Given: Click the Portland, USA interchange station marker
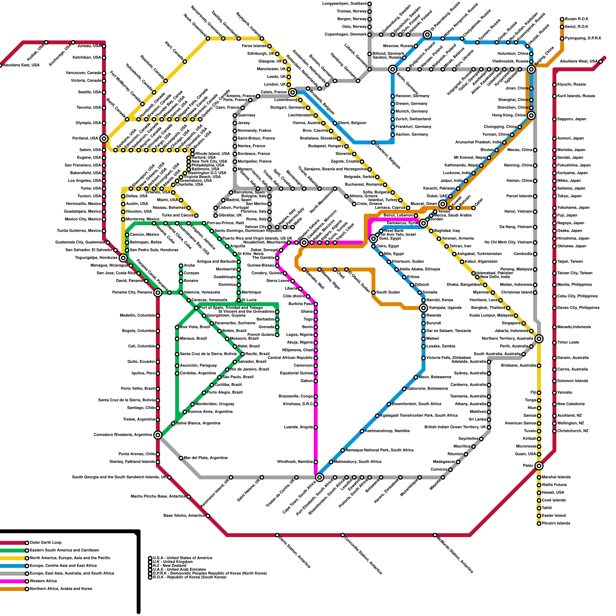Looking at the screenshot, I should coord(104,139).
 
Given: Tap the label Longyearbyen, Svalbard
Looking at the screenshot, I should coord(344,4).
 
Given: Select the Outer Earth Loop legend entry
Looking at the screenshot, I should coord(45,543).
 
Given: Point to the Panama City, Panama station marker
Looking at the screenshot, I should coord(157,293).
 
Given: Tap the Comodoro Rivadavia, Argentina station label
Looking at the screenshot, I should coord(123,435).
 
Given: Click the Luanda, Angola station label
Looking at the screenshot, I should coord(298,427).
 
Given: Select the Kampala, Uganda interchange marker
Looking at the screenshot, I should coord(423,308).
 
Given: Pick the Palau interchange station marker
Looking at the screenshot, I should coord(539,466).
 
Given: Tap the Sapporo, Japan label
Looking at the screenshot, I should coord(572,119).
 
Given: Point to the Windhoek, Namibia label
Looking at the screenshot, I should coord(295,462).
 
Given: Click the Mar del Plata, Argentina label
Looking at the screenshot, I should coord(206,458).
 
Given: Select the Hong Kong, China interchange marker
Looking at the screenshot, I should coord(531,115).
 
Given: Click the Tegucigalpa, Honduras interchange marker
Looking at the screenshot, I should coord(123,258).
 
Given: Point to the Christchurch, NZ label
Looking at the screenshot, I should coord(573,431).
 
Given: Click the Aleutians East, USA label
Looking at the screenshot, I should coord(21,65).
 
